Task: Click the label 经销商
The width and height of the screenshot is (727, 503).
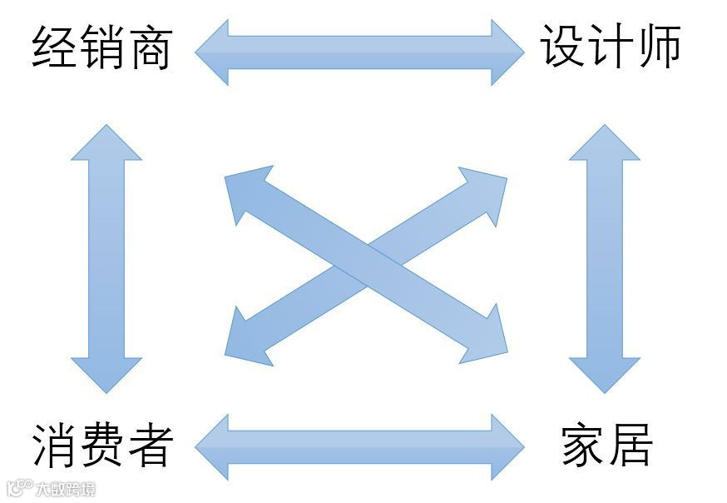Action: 101,47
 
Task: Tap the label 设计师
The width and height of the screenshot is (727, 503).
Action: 611,47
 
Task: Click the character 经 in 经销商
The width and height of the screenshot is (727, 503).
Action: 55,47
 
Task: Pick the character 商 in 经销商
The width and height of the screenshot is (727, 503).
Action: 150,47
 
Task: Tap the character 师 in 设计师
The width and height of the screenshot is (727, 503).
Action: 658,47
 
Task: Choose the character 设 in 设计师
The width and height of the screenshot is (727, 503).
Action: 563,47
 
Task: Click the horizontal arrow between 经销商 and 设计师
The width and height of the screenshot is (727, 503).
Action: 359,52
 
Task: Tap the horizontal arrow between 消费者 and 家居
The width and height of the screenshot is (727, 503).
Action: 359,447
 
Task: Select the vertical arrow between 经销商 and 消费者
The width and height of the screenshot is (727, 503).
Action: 106,258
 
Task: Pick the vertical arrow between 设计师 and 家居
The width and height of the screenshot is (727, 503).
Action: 605,258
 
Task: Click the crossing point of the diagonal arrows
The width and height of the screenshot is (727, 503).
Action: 366,266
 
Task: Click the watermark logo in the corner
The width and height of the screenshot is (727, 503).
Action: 50,488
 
